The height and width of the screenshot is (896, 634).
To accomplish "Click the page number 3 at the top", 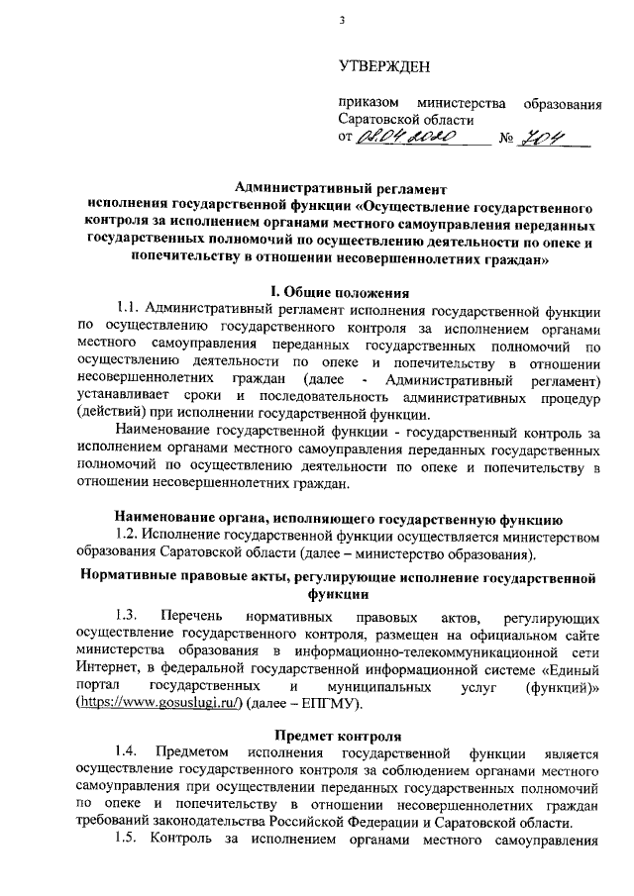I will click(x=341, y=19).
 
